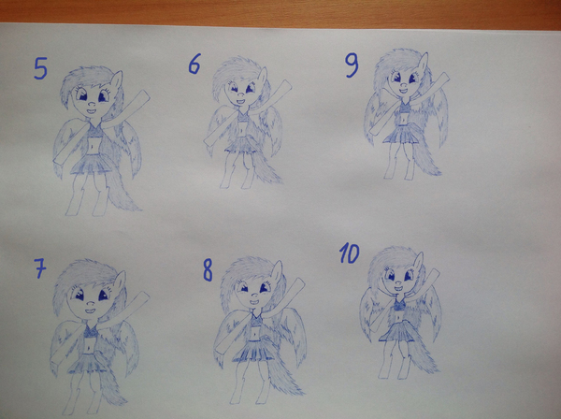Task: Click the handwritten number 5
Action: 40,68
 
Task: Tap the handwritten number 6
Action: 194,64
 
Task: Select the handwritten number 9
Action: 352,66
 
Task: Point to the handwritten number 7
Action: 40,268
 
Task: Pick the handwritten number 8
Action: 208,270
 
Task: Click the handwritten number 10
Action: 349,253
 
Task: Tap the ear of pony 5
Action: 117,80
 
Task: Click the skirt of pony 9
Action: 400,135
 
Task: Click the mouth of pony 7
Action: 90,311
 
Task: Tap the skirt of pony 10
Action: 397,332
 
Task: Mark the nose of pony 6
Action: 241,96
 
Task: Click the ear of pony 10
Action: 418,262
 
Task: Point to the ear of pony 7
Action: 120,281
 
